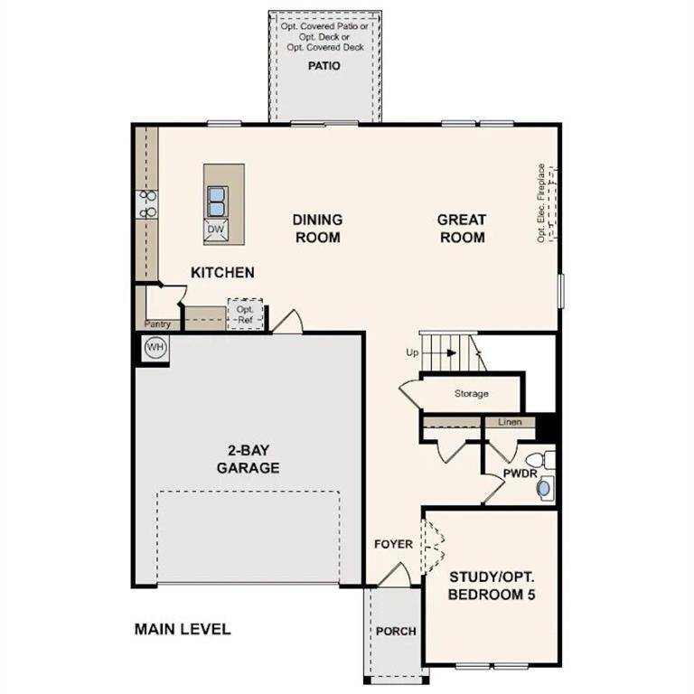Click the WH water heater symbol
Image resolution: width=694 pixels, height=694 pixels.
[x=155, y=347]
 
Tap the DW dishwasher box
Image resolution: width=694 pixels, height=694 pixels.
[x=215, y=230]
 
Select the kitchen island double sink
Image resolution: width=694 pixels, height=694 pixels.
[x=216, y=200]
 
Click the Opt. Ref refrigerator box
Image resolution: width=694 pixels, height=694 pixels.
[x=244, y=314]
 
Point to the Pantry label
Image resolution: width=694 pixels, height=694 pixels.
[x=157, y=324]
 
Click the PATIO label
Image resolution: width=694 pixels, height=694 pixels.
[x=324, y=66]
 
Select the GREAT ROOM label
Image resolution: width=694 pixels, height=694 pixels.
[x=461, y=228]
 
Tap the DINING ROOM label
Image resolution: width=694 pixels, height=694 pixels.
[x=316, y=228]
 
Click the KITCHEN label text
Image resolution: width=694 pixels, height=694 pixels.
[x=222, y=272]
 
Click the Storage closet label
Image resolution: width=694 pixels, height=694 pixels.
[x=471, y=394]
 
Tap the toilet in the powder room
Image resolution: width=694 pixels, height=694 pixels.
[x=539, y=458]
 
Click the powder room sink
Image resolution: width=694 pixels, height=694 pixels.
[x=543, y=489]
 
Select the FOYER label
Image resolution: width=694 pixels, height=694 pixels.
[x=393, y=544]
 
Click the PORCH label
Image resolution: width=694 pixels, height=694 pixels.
[x=396, y=631]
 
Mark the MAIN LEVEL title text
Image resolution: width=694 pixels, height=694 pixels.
[x=183, y=629]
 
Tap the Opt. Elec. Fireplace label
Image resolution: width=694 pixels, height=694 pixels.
[x=541, y=202]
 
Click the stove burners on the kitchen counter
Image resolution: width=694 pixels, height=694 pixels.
[x=147, y=203]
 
